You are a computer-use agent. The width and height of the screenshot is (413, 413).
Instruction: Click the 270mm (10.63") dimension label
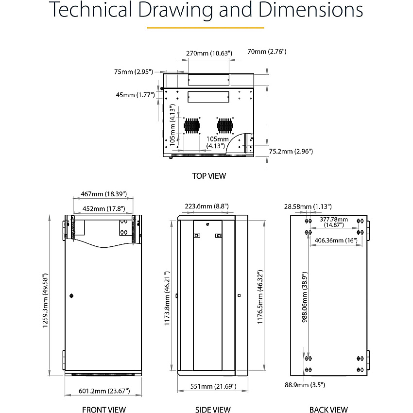pyautogui.click(x=209, y=53)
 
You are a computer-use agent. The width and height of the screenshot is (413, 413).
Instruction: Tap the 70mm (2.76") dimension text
pyautogui.click(x=267, y=52)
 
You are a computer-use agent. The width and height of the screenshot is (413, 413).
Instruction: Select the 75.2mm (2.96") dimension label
pyautogui.click(x=291, y=151)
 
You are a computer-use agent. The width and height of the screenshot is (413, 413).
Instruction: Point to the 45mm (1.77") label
pyautogui.click(x=136, y=95)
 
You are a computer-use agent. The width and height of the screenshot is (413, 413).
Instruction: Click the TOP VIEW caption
pyautogui.click(x=209, y=176)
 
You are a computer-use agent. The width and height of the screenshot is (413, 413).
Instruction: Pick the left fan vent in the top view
pyautogui.click(x=192, y=126)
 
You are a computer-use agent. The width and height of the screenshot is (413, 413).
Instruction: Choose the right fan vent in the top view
pyautogui.click(x=225, y=126)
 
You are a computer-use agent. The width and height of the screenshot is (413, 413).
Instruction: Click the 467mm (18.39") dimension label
pyautogui.click(x=104, y=194)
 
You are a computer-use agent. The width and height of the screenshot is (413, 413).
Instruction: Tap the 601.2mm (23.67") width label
pyautogui.click(x=104, y=391)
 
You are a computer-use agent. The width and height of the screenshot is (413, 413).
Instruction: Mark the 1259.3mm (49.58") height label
pyautogui.click(x=45, y=301)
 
